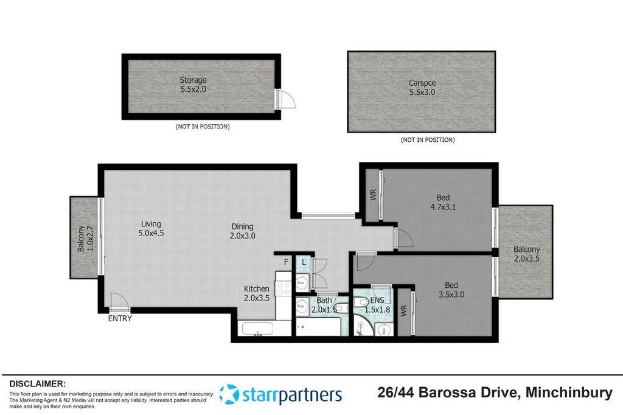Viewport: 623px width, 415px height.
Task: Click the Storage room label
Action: coord(193,85)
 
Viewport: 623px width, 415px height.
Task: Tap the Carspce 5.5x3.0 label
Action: coord(422,88)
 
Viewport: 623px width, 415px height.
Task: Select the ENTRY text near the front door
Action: coord(120,318)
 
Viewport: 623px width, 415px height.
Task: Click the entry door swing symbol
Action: coord(117,301)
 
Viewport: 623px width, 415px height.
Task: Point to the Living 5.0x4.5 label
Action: coord(151,227)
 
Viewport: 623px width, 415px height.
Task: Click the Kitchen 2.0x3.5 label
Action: coord(256,293)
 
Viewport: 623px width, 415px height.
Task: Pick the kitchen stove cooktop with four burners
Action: coord(284,288)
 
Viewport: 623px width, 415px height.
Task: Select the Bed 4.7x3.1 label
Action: coord(443,201)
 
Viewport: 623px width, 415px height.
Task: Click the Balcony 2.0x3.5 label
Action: coord(526,254)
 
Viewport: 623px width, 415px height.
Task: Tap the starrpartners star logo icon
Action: coord(229,394)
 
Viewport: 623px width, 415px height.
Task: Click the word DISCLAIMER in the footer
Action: coord(37,384)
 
